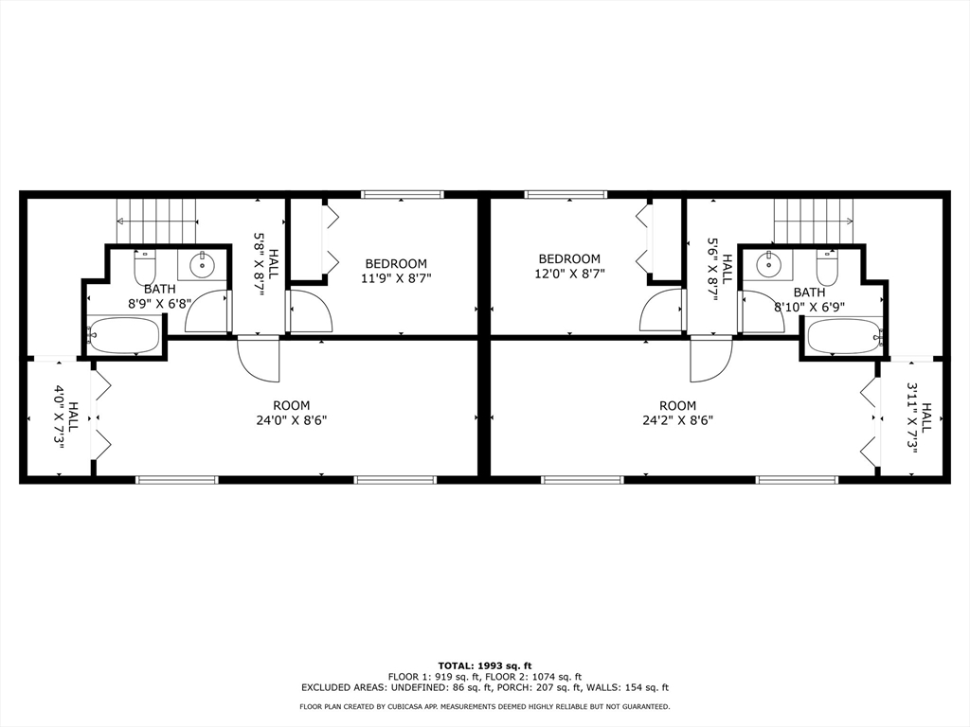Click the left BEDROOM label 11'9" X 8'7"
pyautogui.click(x=395, y=271)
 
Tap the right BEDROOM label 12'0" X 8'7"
pyautogui.click(x=569, y=266)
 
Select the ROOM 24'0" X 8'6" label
pyautogui.click(x=291, y=413)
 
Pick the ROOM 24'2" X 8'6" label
pyautogui.click(x=677, y=413)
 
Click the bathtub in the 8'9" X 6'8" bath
pyautogui.click(x=124, y=335)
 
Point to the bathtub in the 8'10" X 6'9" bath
pyautogui.click(x=844, y=336)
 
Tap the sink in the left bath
pyautogui.click(x=202, y=266)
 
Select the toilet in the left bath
pyautogui.click(x=144, y=268)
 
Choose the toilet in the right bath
pyautogui.click(x=827, y=268)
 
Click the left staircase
pyautogui.click(x=156, y=222)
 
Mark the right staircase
pyautogui.click(x=814, y=222)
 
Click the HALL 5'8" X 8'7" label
pyautogui.click(x=266, y=273)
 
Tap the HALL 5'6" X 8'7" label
pyautogui.click(x=720, y=269)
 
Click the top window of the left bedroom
pyautogui.click(x=403, y=195)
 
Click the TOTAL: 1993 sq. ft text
pyautogui.click(x=484, y=665)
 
